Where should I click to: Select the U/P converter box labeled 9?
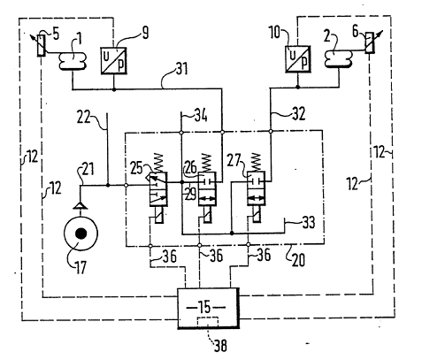(113, 61)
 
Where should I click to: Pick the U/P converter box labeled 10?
(298, 59)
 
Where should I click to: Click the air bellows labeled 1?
(73, 61)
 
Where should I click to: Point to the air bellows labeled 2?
(339, 59)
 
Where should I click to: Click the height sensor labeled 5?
(41, 45)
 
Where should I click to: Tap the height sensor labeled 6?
(370, 42)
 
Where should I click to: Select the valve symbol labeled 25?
(158, 189)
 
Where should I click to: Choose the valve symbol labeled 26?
(207, 189)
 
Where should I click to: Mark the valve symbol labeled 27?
(256, 188)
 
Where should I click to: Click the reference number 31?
(181, 69)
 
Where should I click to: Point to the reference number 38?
(220, 345)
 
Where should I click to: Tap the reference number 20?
(298, 260)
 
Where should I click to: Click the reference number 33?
(309, 222)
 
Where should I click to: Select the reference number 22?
(84, 118)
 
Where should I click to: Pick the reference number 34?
(201, 115)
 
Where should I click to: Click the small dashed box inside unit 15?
(208, 322)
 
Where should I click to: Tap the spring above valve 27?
(256, 163)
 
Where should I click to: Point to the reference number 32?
(298, 113)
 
